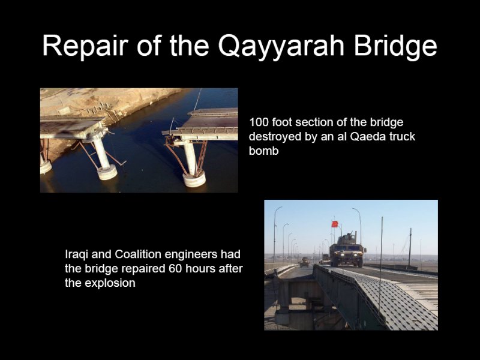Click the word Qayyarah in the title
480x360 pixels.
[x=281, y=46]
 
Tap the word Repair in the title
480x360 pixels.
[x=85, y=46]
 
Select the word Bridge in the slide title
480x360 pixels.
[x=395, y=46]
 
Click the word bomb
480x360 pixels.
[x=263, y=151]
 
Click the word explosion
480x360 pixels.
[x=110, y=283]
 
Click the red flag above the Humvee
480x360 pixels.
[x=334, y=224]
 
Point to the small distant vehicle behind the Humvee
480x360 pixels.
[x=304, y=262]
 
